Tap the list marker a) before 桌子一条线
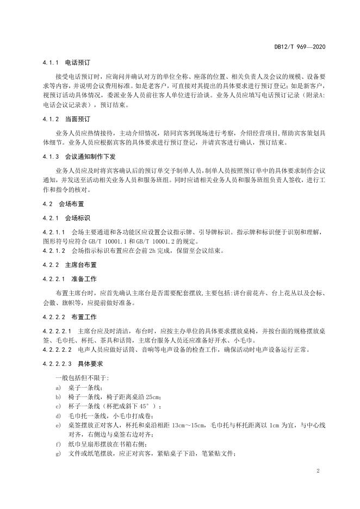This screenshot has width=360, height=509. click(58, 387)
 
